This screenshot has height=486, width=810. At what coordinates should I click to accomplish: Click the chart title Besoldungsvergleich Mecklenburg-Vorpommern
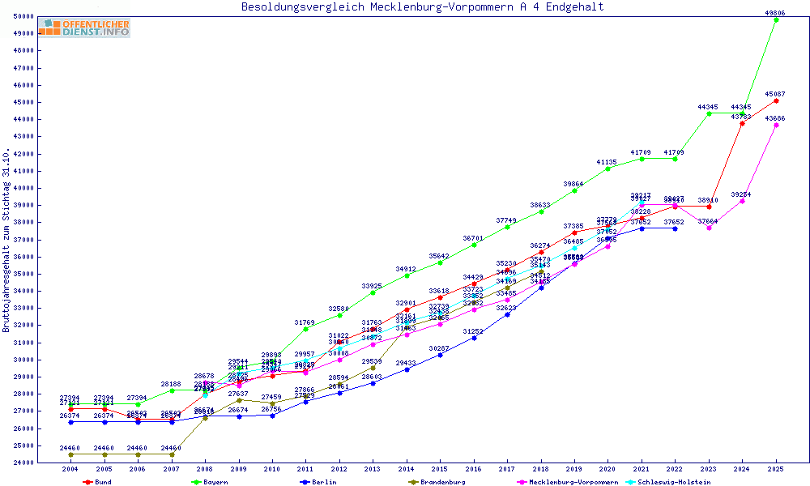coord(422,7)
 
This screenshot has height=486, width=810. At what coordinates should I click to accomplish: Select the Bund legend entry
coord(103,482)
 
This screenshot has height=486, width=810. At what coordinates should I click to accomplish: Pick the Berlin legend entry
coord(322,482)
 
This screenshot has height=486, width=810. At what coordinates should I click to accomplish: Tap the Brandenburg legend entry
coord(442,482)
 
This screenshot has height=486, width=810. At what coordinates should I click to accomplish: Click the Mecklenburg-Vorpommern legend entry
coord(573,482)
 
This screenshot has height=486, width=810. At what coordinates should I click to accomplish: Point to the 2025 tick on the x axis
coord(776,469)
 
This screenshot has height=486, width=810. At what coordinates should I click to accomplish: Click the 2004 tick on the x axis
coord(71,469)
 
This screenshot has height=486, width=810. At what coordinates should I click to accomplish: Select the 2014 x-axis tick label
coord(407,469)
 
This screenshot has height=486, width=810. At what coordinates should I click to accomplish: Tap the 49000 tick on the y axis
coord(23,33)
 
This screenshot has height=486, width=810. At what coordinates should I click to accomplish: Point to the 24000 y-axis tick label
coord(23,463)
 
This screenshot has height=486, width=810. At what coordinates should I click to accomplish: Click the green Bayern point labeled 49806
coord(776,19)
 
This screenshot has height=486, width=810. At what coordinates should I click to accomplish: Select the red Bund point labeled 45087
coord(776,100)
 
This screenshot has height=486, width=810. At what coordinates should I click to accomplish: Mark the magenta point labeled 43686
coord(776,125)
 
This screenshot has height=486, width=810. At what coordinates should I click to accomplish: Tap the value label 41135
coord(607,162)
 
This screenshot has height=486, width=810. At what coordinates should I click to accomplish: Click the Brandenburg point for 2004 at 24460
coord(71,454)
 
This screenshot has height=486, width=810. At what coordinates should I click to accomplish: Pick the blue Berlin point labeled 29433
coord(407,369)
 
